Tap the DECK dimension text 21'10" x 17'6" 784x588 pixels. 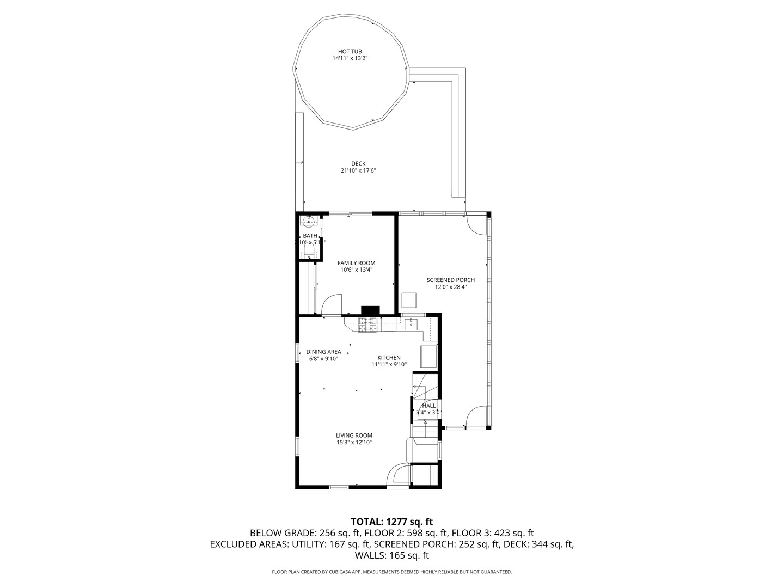(358, 171)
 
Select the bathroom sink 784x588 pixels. (308, 221)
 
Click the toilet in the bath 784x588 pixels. (309, 252)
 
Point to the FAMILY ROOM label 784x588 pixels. (356, 263)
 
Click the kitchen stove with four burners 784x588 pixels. (368, 324)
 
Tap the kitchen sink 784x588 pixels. (411, 324)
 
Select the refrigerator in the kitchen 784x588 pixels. (428, 356)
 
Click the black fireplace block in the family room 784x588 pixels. (370, 310)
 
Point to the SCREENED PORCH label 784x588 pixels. (450, 280)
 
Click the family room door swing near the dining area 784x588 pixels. (332, 304)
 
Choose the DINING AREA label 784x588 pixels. (323, 352)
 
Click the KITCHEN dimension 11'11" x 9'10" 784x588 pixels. (389, 365)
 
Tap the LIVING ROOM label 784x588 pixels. (354, 436)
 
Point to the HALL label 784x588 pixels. (429, 406)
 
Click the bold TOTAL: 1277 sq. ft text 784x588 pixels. (391, 522)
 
